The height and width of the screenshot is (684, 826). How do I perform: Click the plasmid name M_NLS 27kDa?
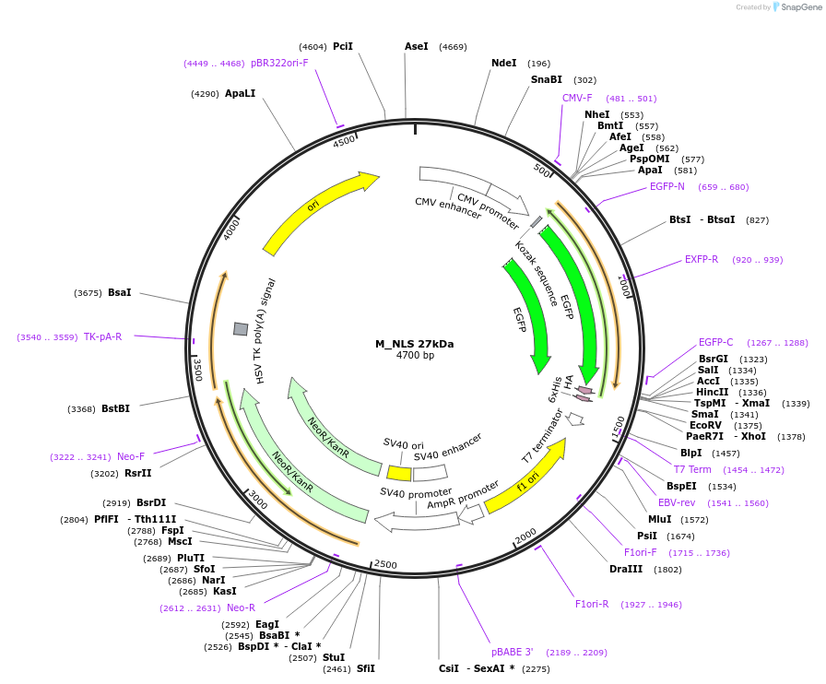point(414,344)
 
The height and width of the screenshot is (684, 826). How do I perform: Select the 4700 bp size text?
point(415,356)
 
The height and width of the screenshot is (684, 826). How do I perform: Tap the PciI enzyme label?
point(343,46)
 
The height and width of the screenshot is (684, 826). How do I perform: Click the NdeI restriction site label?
point(504,64)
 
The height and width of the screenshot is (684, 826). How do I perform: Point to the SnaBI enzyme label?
point(546,80)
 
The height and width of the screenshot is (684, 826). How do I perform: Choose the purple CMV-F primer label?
point(577,98)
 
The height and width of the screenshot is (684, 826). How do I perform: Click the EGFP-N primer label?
point(667,186)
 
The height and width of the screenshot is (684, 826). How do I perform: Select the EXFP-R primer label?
point(702,259)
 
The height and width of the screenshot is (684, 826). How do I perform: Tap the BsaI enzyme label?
point(120,292)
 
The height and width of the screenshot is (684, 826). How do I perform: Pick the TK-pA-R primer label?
point(102,336)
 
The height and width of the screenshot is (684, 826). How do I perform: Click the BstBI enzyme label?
point(115,408)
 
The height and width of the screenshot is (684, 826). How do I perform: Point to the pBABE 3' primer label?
point(512,652)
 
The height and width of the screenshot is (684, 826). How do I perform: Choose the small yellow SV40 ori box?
point(399,473)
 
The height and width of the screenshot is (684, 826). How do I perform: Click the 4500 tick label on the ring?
point(344,141)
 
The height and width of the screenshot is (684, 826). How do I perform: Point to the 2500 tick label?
point(385,564)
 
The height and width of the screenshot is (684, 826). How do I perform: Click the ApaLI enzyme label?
point(240,93)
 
